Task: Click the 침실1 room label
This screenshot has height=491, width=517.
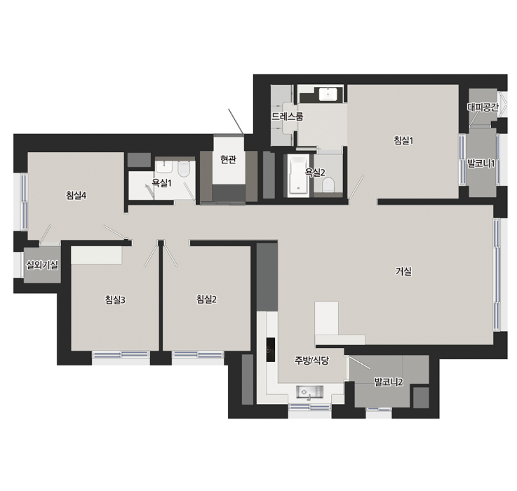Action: [403, 141]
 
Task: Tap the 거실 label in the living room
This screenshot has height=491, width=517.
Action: [403, 271]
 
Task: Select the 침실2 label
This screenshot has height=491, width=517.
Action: [206, 300]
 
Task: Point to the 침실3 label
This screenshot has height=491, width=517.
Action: [115, 300]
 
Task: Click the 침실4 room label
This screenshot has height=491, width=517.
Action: [76, 196]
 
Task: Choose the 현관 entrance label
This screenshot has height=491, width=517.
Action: [228, 160]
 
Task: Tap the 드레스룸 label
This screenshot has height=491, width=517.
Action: [287, 116]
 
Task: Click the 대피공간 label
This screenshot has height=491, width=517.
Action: [483, 107]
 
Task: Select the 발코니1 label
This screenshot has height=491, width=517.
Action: [481, 163]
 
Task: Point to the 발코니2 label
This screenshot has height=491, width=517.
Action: [389, 382]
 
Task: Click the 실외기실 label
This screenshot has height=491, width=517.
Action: [42, 265]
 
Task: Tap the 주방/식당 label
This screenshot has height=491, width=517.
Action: [311, 361]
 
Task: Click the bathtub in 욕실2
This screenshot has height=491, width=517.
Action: [298, 176]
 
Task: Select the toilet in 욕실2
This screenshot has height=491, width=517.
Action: [328, 184]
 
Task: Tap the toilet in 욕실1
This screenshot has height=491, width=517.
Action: [183, 168]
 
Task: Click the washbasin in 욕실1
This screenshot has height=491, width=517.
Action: [164, 167]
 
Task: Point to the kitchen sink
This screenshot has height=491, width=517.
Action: [309, 392]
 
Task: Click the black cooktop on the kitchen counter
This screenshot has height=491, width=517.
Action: [271, 349]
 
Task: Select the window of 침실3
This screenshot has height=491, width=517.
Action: [121, 354]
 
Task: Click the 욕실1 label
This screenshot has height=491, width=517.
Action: [161, 183]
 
